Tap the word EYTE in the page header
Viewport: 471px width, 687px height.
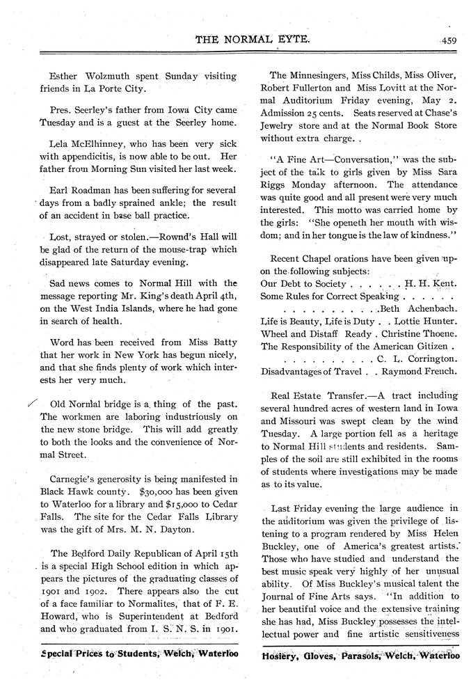tap(287, 40)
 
